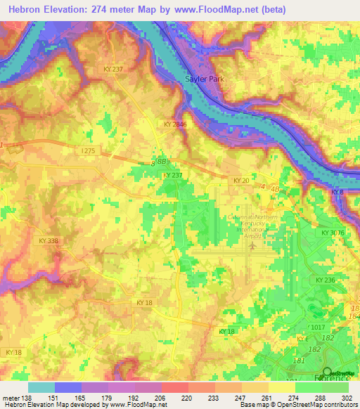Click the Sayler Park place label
pyautogui.click(x=205, y=79)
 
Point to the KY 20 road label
pyautogui.click(x=240, y=181)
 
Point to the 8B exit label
pyautogui.click(x=160, y=161)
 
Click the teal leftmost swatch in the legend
pyautogui.click(x=41, y=387)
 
